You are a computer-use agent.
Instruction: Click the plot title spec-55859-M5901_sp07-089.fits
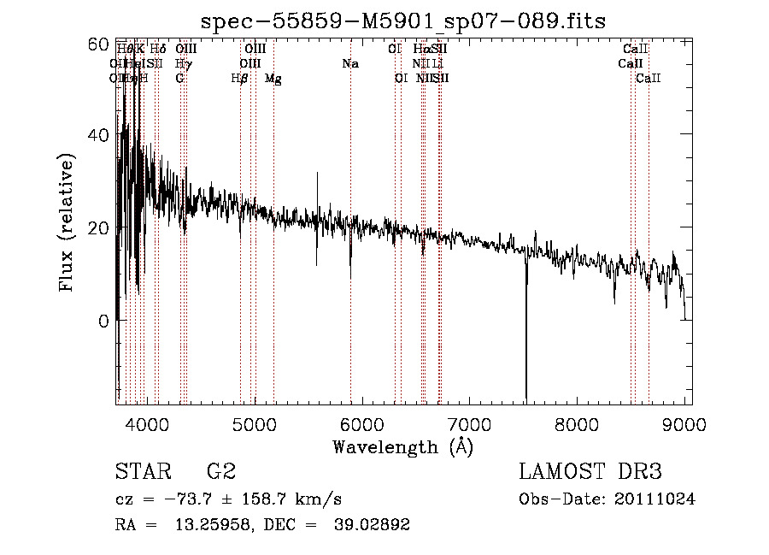[x=402, y=22]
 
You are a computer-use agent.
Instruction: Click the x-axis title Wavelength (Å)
[x=402, y=446]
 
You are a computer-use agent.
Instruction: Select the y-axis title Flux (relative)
[x=66, y=222]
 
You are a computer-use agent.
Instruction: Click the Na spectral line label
[x=349, y=64]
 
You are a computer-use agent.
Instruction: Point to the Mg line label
[x=273, y=79]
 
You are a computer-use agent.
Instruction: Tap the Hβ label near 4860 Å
[x=240, y=79]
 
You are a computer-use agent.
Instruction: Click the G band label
[x=179, y=79]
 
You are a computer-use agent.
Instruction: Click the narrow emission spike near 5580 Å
[x=317, y=184]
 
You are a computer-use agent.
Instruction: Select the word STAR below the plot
[x=138, y=471]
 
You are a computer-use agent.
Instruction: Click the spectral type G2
[x=220, y=471]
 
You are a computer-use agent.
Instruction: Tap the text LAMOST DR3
[x=590, y=471]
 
